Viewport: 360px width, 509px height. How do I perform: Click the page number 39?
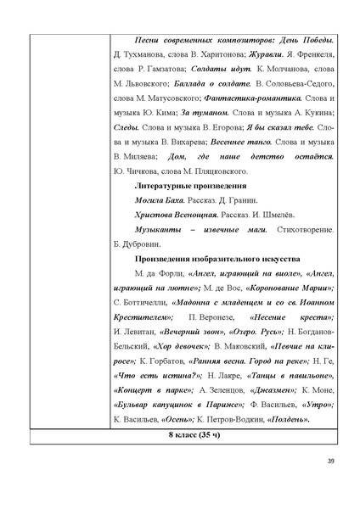(x=330, y=461)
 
